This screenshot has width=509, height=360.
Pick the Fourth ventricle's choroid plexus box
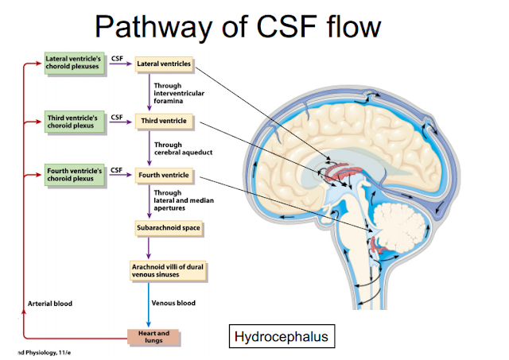coord(73,175)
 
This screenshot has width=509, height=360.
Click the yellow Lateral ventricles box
coord(163,63)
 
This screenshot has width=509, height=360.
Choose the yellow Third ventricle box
coord(163,122)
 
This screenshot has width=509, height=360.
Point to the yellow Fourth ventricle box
coord(163,175)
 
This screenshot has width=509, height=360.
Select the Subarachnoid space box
coord(169,229)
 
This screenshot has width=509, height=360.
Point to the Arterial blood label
coord(51,304)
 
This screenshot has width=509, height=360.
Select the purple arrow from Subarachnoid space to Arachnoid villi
coord(150,247)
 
